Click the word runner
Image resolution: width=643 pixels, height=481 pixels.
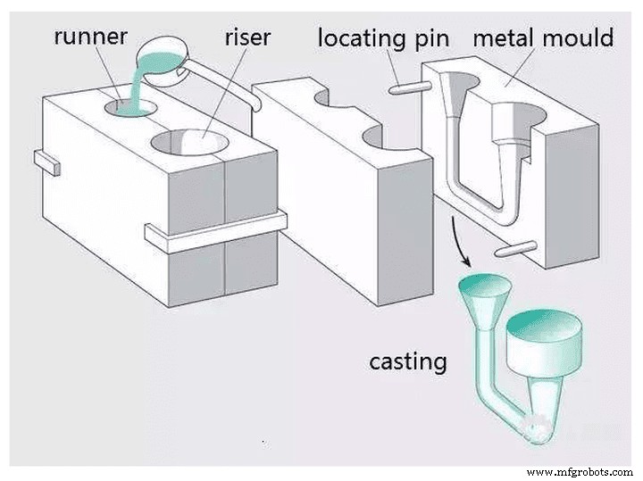[91, 37]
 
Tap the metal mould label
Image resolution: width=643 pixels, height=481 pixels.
[543, 38]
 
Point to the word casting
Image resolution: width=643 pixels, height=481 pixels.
[407, 361]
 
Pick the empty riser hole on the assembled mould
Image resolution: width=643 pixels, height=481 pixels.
[189, 139]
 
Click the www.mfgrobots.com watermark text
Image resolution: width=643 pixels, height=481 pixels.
[580, 471]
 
